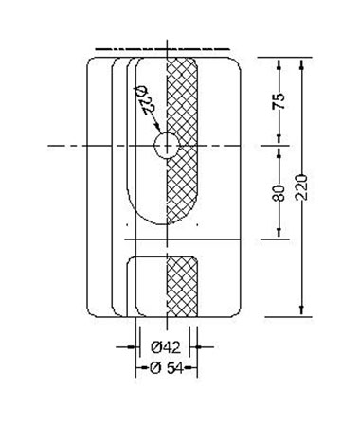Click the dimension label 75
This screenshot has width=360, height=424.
279,101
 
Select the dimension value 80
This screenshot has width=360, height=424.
279,193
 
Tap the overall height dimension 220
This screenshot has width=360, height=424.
302,186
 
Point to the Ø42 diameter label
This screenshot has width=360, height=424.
166,347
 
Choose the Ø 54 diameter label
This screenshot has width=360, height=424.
167,367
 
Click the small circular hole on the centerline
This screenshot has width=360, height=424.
167,146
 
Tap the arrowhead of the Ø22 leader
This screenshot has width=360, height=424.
158,128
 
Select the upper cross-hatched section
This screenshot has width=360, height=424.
182,139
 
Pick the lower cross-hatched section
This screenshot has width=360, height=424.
182,286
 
